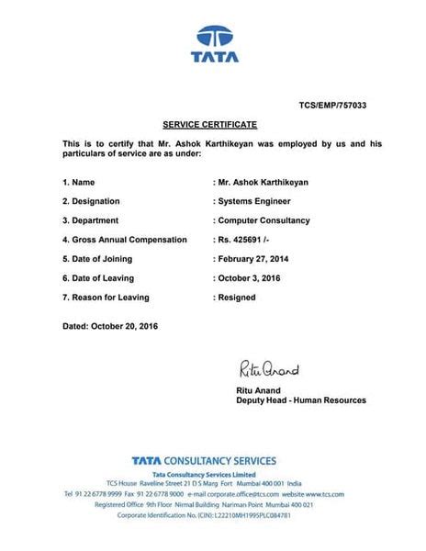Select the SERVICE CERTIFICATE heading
click(x=210, y=124)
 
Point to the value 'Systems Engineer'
click(x=252, y=201)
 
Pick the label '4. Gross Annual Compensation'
click(x=124, y=240)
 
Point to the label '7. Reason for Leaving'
click(x=106, y=297)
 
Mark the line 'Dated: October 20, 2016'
click(x=110, y=326)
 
